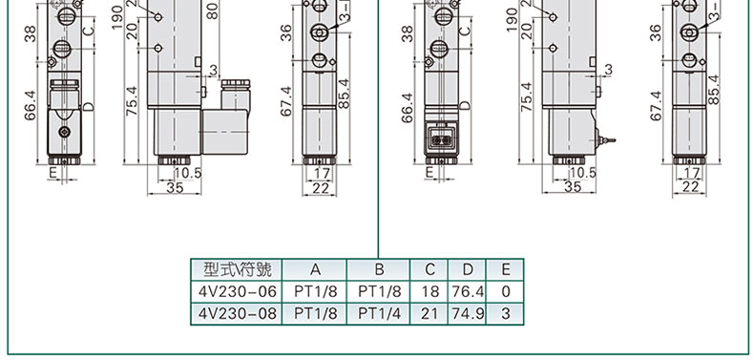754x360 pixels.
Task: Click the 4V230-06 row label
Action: (x=238, y=291)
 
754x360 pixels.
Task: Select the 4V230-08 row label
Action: (x=238, y=313)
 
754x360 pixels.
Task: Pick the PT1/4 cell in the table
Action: (x=379, y=313)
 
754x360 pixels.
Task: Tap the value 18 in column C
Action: (x=429, y=291)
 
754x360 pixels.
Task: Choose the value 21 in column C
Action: (x=429, y=313)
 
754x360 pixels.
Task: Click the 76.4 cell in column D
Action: (x=468, y=291)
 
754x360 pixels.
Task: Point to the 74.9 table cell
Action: (x=468, y=313)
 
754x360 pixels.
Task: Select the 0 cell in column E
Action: (x=505, y=291)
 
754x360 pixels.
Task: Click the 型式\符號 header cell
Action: (x=238, y=269)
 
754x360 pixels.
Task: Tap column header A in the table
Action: (x=315, y=269)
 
